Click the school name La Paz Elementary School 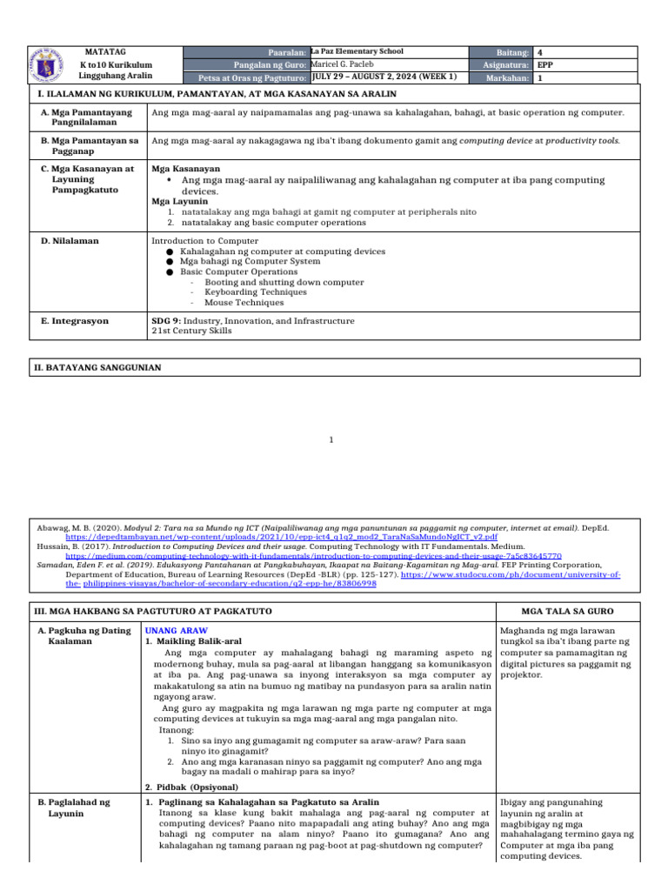tap(357, 51)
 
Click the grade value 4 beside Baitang tap(540, 52)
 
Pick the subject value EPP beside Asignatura tap(544, 65)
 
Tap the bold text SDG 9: tap(166, 321)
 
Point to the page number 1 tap(331, 440)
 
